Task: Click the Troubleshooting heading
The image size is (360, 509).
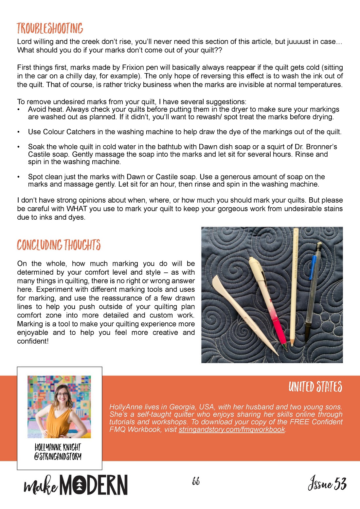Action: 50,29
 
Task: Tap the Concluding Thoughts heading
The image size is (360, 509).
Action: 59,245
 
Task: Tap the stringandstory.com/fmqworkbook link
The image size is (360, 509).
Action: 232,429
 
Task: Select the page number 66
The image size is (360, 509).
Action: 196,481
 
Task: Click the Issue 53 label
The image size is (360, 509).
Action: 327,483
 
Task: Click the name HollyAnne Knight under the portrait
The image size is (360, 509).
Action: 58,447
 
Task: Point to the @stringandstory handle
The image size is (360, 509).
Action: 58,456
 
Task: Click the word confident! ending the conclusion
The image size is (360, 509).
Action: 33,341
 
